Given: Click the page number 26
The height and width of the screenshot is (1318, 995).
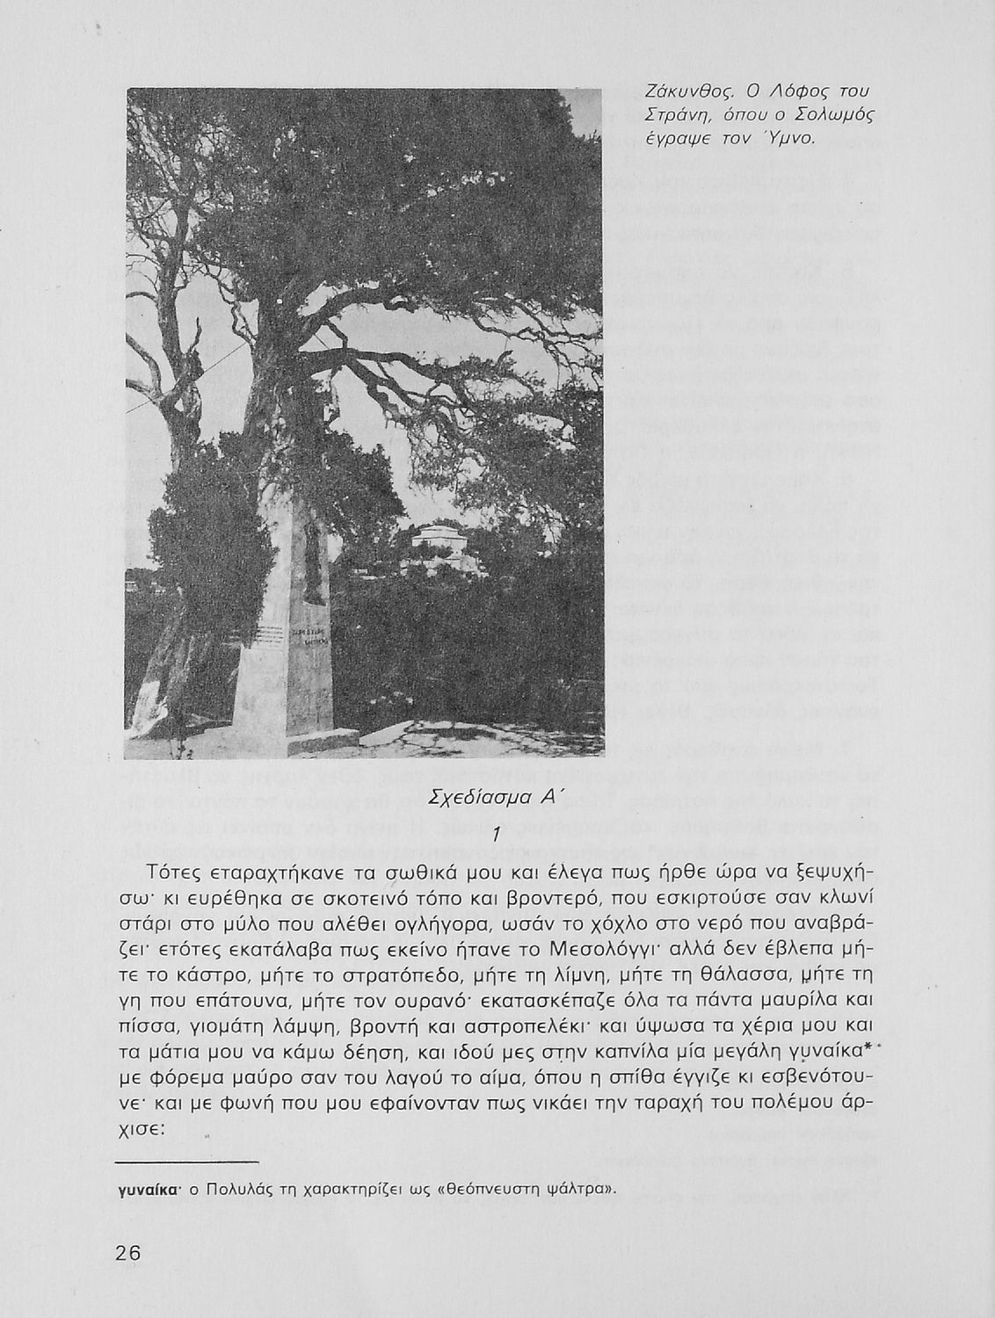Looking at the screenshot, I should [127, 1253].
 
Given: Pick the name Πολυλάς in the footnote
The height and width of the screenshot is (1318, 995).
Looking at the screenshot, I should [243, 1190].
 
